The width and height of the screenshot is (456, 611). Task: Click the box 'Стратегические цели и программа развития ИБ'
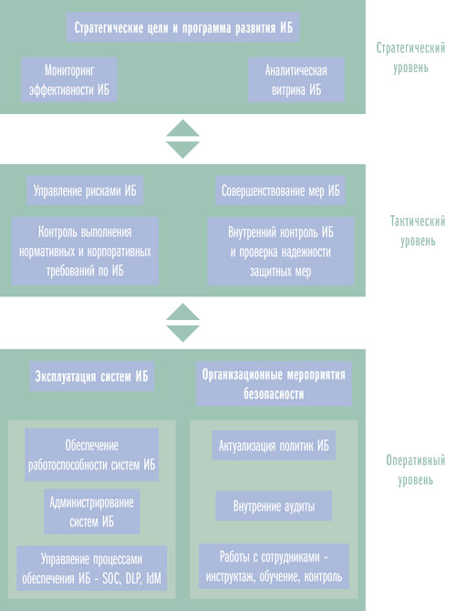182,26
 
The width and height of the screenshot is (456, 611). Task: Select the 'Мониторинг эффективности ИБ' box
69,79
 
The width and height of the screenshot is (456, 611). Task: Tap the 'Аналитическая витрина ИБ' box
296,79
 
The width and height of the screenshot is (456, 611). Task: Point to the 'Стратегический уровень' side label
410,57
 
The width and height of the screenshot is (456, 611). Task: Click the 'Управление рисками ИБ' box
85,191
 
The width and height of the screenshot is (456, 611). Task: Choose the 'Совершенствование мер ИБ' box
281,191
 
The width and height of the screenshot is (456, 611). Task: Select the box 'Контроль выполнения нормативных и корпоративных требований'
85,251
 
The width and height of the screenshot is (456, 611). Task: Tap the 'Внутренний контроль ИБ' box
281,251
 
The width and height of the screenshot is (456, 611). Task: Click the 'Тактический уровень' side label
418,231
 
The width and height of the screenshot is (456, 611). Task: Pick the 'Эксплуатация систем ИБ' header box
91,376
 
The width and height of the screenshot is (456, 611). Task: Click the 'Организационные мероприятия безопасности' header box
274,384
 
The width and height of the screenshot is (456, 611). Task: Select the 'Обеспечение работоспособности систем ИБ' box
91,454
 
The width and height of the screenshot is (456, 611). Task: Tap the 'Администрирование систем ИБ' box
91,512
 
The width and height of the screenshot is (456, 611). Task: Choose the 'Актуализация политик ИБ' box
274,445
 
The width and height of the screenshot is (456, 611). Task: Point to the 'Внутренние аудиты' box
274,506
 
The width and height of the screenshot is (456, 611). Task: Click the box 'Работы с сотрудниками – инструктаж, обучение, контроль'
274,566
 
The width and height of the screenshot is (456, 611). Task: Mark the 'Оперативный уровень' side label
416,470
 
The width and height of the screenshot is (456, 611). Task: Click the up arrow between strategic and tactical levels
182,129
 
